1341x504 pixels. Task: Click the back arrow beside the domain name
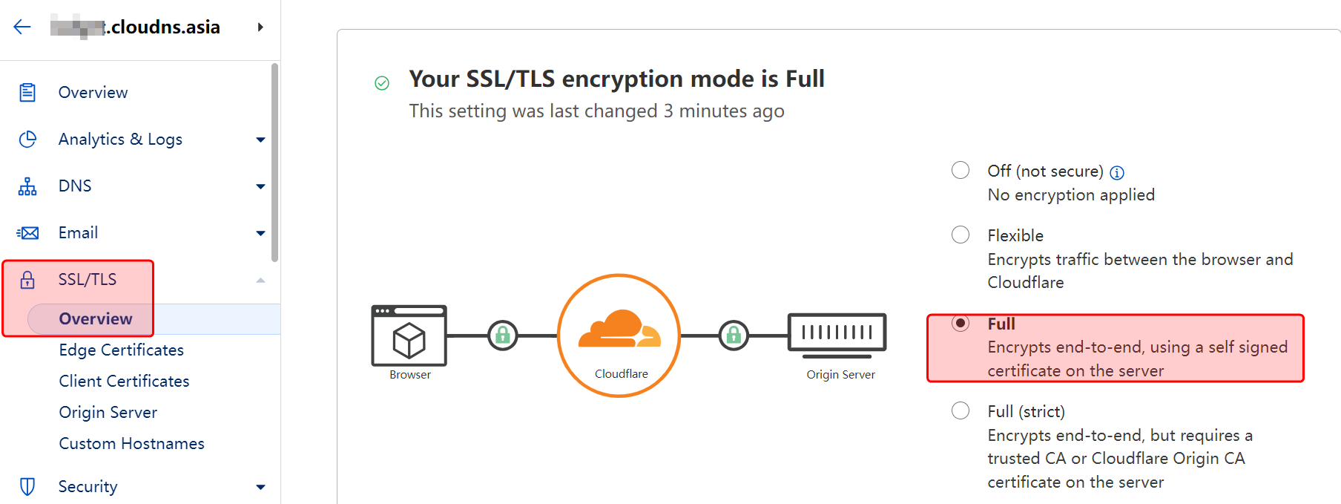tap(22, 27)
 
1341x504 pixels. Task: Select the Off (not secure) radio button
tap(961, 171)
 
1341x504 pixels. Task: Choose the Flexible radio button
tap(961, 235)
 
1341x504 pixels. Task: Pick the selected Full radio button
tap(961, 324)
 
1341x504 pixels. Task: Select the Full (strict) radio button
tap(961, 411)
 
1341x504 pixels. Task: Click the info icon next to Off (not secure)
tap(1117, 173)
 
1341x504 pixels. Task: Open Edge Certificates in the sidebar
tap(122, 350)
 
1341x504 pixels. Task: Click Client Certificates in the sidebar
tap(125, 382)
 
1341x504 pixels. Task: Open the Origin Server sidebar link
tap(108, 413)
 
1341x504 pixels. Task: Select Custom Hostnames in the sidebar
tap(132, 444)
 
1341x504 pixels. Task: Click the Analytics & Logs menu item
tap(120, 140)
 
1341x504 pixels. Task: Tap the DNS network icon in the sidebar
tap(27, 186)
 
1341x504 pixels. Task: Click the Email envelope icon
tap(28, 233)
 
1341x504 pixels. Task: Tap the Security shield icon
tap(27, 487)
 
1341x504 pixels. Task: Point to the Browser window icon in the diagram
tap(409, 336)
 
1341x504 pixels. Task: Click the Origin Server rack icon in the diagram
tap(837, 332)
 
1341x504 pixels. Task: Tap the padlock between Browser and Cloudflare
tap(503, 336)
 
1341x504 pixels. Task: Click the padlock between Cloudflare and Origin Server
tap(734, 336)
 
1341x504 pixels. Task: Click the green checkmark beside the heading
tap(382, 83)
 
